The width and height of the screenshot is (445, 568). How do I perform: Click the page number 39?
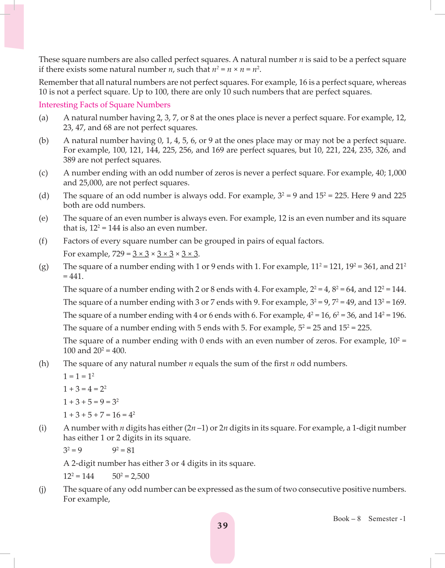point(222,526)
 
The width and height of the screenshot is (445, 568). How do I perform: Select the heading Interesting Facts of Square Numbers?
point(104,105)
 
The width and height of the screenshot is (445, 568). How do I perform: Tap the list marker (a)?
point(44,118)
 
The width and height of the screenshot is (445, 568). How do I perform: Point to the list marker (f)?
point(43,241)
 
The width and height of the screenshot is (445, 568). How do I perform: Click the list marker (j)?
point(43,489)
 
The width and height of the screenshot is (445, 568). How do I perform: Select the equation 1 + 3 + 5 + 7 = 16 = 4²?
point(99,415)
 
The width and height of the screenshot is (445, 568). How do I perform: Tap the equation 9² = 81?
point(123,451)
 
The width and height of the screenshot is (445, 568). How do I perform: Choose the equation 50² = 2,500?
point(131,476)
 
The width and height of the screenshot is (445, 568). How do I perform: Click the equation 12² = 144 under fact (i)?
point(79,476)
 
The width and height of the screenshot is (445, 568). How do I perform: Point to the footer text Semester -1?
point(387,519)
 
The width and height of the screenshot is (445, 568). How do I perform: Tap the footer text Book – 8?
point(347,519)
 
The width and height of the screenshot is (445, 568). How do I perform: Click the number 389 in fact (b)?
point(69,160)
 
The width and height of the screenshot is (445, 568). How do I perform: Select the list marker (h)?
point(44,364)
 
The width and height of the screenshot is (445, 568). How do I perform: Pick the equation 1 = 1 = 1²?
point(79,376)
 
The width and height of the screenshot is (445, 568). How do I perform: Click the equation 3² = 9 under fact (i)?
point(72,451)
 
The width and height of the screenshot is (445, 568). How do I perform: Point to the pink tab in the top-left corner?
point(14,27)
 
